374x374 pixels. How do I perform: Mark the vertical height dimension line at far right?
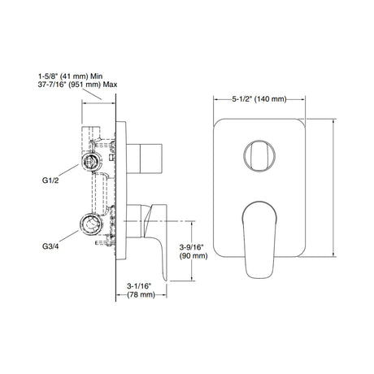[336, 186]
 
